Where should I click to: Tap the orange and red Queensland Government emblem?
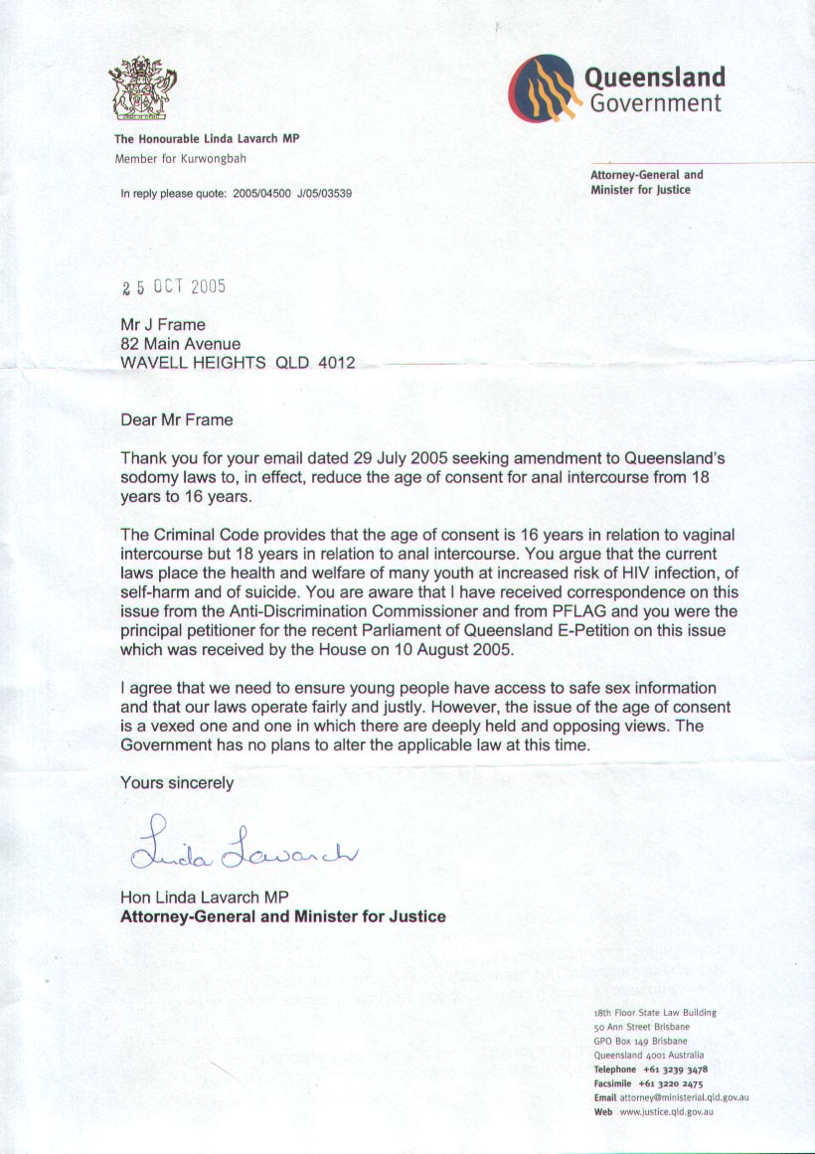pyautogui.click(x=544, y=87)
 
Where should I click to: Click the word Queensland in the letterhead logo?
pyautogui.click(x=655, y=78)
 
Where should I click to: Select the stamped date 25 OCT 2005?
pyautogui.click(x=174, y=286)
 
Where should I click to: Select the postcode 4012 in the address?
pyautogui.click(x=337, y=363)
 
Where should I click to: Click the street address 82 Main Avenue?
pyautogui.click(x=180, y=344)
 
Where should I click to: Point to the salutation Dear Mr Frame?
pyautogui.click(x=177, y=419)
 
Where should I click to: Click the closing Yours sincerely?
pyautogui.click(x=177, y=782)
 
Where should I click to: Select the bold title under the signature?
pyautogui.click(x=283, y=916)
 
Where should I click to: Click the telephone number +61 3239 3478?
pyautogui.click(x=675, y=1070)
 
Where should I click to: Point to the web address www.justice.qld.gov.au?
pyautogui.click(x=667, y=1112)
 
